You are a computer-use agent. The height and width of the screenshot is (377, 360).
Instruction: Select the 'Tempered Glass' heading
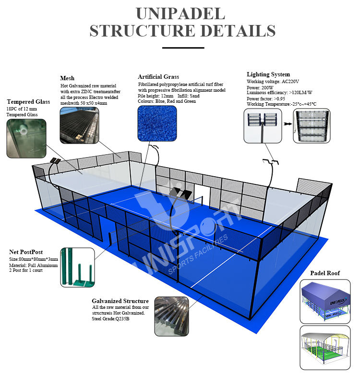click(28, 102)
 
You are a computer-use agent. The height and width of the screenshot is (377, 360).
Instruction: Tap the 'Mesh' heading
click(67, 78)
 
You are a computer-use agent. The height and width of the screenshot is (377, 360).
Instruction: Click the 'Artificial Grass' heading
click(158, 77)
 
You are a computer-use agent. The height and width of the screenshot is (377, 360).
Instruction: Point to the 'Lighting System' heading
click(268, 74)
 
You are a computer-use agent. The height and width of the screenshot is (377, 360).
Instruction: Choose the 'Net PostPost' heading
click(26, 252)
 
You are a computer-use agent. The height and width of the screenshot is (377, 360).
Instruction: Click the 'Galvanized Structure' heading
click(120, 301)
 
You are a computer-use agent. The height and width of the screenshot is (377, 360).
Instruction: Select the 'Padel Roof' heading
click(324, 273)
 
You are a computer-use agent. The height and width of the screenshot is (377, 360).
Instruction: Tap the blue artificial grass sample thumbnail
click(157, 124)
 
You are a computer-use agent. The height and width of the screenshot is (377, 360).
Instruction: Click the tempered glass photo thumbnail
click(27, 138)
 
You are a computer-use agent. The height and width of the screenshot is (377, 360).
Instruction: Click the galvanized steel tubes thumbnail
click(171, 316)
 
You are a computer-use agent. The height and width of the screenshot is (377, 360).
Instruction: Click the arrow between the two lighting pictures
click(287, 124)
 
